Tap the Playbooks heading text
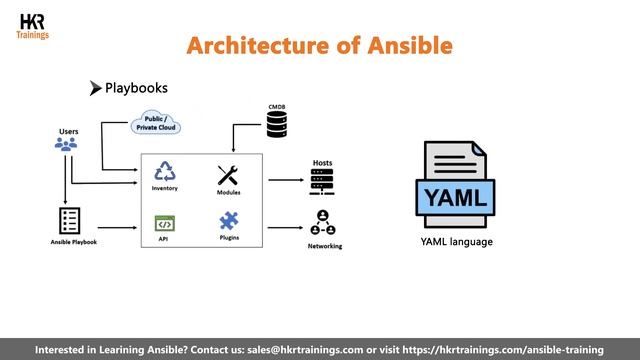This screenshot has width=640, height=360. [x=136, y=88]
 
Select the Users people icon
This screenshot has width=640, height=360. [x=66, y=145]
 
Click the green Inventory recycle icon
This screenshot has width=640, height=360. [x=165, y=172]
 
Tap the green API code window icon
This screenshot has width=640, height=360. [x=164, y=223]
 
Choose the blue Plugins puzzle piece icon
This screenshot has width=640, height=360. [x=228, y=220]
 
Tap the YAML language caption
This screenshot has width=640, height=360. [x=456, y=242]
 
